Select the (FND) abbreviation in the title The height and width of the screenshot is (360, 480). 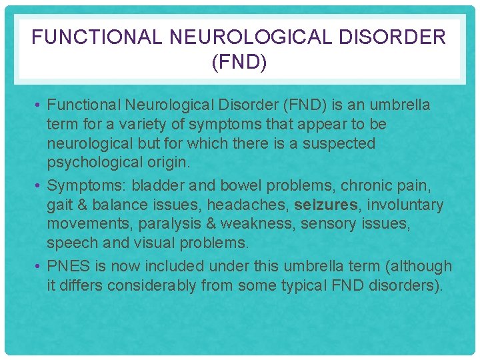pos(239,63)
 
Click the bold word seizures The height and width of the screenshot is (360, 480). pos(325,204)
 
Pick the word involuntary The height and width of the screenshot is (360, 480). pos(411,204)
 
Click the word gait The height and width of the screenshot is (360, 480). pos(59,205)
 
